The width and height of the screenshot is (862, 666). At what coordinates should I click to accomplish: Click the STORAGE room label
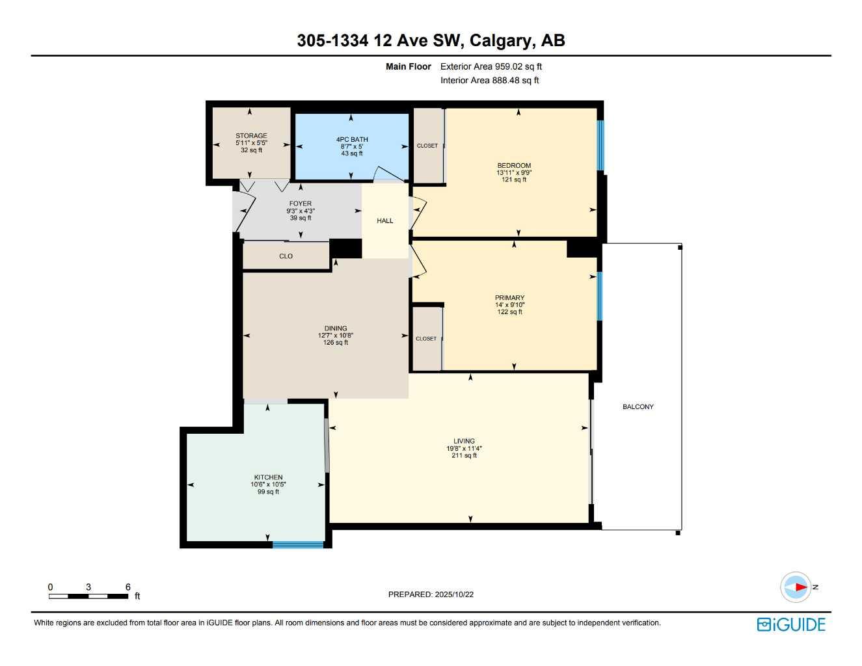pyautogui.click(x=251, y=136)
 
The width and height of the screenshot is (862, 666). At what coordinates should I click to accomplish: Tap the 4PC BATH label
pyautogui.click(x=352, y=139)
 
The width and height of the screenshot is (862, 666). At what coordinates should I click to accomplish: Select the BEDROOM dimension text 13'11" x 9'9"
pyautogui.click(x=514, y=172)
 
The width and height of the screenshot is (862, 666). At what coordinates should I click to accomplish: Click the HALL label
pyautogui.click(x=385, y=220)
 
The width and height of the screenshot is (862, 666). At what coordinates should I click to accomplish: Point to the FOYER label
pyautogui.click(x=301, y=204)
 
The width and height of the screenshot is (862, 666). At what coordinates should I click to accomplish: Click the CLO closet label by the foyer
pyautogui.click(x=286, y=256)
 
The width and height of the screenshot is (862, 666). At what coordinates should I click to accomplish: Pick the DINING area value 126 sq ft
pyautogui.click(x=336, y=343)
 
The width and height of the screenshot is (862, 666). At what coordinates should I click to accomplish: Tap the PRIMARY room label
pyautogui.click(x=509, y=298)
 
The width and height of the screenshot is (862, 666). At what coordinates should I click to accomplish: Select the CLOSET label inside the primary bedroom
pyautogui.click(x=426, y=339)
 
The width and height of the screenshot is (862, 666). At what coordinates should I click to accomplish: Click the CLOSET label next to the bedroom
pyautogui.click(x=427, y=146)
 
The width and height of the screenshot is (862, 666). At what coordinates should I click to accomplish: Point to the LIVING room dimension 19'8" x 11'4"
pyautogui.click(x=464, y=448)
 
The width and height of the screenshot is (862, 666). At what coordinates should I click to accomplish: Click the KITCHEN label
pyautogui.click(x=268, y=477)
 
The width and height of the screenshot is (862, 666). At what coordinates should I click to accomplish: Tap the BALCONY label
pyautogui.click(x=638, y=406)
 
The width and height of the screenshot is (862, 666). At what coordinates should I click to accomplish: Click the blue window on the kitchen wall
pyautogui.click(x=298, y=544)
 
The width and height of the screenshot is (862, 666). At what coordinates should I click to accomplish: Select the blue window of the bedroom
pyautogui.click(x=600, y=145)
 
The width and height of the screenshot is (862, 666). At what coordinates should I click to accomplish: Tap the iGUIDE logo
pyautogui.click(x=791, y=624)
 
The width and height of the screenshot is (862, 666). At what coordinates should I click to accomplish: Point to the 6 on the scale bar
pyautogui.click(x=128, y=587)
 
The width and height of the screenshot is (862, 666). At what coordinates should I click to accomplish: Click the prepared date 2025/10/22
pyautogui.click(x=454, y=594)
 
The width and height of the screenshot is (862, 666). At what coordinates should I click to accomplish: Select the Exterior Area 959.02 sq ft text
pyautogui.click(x=491, y=66)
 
